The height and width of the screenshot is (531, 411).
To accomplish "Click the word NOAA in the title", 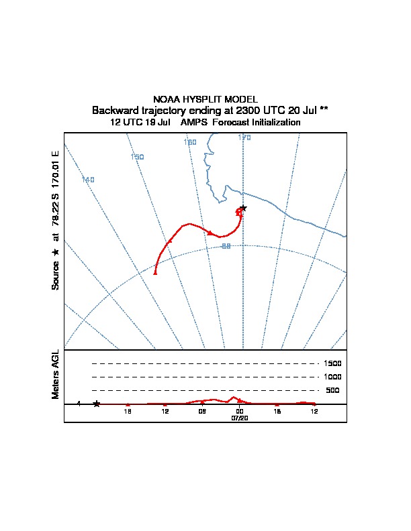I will click(165, 99).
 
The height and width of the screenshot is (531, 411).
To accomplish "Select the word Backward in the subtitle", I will click(113, 110).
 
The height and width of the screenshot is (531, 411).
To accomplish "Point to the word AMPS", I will click(194, 123).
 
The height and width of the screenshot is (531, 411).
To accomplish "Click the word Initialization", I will click(273, 123).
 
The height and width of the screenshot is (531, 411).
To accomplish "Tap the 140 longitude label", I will click(88, 180).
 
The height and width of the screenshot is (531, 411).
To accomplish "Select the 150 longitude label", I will click(137, 157).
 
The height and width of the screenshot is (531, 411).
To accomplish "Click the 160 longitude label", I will click(190, 142).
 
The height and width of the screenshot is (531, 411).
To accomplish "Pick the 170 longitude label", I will click(244, 137).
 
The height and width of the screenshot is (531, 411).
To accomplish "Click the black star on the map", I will click(243, 209).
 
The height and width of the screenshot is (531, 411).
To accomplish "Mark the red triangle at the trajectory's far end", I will click(155, 273).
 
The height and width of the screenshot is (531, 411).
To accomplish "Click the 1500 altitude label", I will click(332, 363).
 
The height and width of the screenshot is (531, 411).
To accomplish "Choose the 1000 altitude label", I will click(332, 377).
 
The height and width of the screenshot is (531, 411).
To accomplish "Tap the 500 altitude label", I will click(332, 390).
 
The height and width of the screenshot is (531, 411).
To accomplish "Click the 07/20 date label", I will click(240, 418).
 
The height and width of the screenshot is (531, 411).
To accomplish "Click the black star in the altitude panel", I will click(97, 404).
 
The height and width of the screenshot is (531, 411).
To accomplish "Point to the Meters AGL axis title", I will click(56, 374).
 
